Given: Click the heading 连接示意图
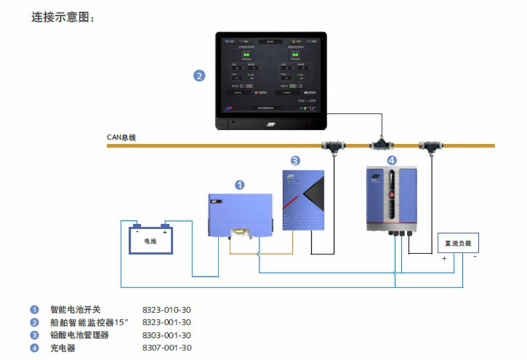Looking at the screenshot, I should click(x=63, y=17).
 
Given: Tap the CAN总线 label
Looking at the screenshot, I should click(x=121, y=137).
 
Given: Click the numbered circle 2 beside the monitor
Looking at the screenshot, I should click(x=199, y=76).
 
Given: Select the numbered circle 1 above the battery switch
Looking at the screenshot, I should click(x=239, y=185).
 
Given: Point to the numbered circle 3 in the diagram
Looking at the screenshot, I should click(x=295, y=161).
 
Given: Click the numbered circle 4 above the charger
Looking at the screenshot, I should click(x=391, y=160).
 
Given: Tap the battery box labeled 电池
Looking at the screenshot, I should click(x=150, y=240).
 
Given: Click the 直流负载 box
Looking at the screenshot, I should click(x=458, y=242).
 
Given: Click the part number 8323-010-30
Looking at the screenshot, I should click(x=166, y=310).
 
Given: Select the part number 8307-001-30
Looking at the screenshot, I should click(x=166, y=348).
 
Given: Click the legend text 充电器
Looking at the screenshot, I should click(x=63, y=348).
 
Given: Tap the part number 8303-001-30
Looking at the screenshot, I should click(x=166, y=335).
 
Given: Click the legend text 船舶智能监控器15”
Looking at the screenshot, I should click(x=90, y=323).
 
